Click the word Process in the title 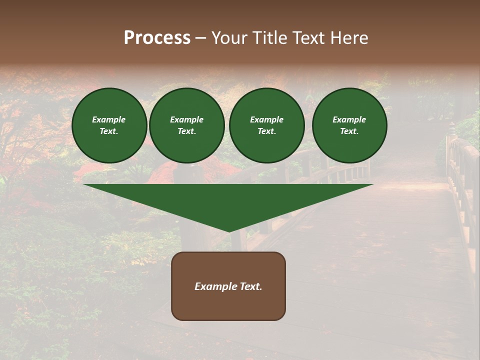(x=157, y=38)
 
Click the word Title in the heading (x=269, y=38)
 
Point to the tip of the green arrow (x=229, y=230)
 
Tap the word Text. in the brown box (x=251, y=286)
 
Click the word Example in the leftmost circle (x=109, y=119)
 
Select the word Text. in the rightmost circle (x=349, y=131)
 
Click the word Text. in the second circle (x=186, y=131)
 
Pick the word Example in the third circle (x=266, y=119)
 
